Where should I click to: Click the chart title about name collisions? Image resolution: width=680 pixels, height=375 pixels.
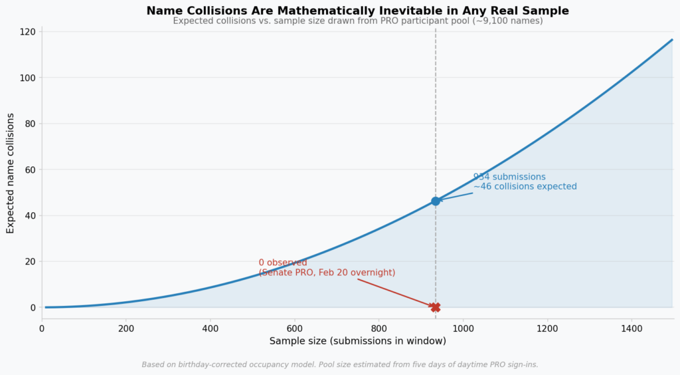(357, 11)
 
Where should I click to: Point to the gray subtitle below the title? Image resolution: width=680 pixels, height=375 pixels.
(357, 21)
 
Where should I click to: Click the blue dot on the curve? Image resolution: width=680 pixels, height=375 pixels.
(436, 201)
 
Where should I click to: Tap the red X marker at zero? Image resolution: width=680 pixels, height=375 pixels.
(436, 307)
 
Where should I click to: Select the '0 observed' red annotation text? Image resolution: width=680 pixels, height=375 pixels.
(283, 263)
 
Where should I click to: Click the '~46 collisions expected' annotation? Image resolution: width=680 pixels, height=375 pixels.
(525, 187)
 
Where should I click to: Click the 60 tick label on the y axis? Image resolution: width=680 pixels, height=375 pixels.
(30, 170)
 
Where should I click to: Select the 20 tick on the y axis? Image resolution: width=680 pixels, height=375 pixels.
(30, 261)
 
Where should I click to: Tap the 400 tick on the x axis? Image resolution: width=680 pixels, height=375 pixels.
(211, 328)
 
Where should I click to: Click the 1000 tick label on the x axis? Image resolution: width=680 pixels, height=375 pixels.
(463, 328)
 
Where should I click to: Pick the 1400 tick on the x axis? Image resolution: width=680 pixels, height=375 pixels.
(632, 328)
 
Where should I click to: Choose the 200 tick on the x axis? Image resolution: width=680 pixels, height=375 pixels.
(126, 328)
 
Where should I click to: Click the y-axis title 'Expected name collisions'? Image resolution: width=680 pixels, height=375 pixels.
(11, 173)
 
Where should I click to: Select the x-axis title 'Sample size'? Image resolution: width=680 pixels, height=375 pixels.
(357, 341)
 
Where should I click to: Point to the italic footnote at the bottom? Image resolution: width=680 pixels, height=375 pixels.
(340, 364)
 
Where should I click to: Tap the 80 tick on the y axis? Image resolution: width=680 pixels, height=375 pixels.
(30, 124)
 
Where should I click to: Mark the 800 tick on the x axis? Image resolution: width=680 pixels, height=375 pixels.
(379, 328)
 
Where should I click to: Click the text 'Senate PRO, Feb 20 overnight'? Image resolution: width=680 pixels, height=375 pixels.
(327, 273)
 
